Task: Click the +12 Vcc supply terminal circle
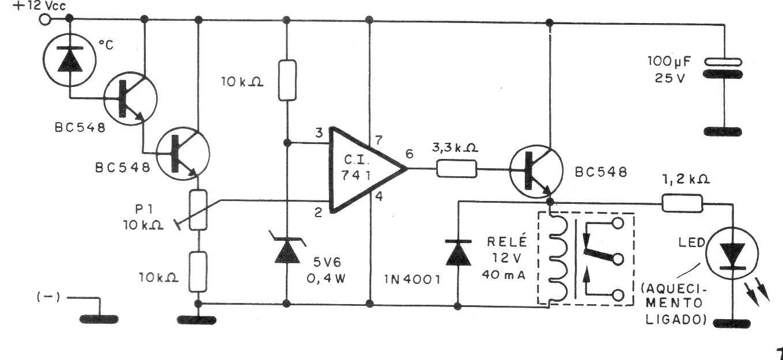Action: (45, 20)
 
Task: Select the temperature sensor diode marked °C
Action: (70, 60)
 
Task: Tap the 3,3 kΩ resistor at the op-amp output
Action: (456, 169)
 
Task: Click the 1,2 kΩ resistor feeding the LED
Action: (682, 203)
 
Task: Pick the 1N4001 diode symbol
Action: (458, 252)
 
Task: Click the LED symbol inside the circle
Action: (732, 253)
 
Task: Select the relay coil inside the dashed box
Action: (557, 258)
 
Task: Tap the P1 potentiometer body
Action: (198, 210)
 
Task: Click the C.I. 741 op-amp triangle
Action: (368, 169)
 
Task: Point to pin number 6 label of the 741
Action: (409, 154)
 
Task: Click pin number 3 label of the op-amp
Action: (319, 133)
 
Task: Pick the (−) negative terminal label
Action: (48, 297)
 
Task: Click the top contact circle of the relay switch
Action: (618, 223)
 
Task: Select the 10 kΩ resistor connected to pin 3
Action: (288, 81)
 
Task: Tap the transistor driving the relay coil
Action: (536, 171)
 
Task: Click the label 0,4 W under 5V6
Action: (326, 278)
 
